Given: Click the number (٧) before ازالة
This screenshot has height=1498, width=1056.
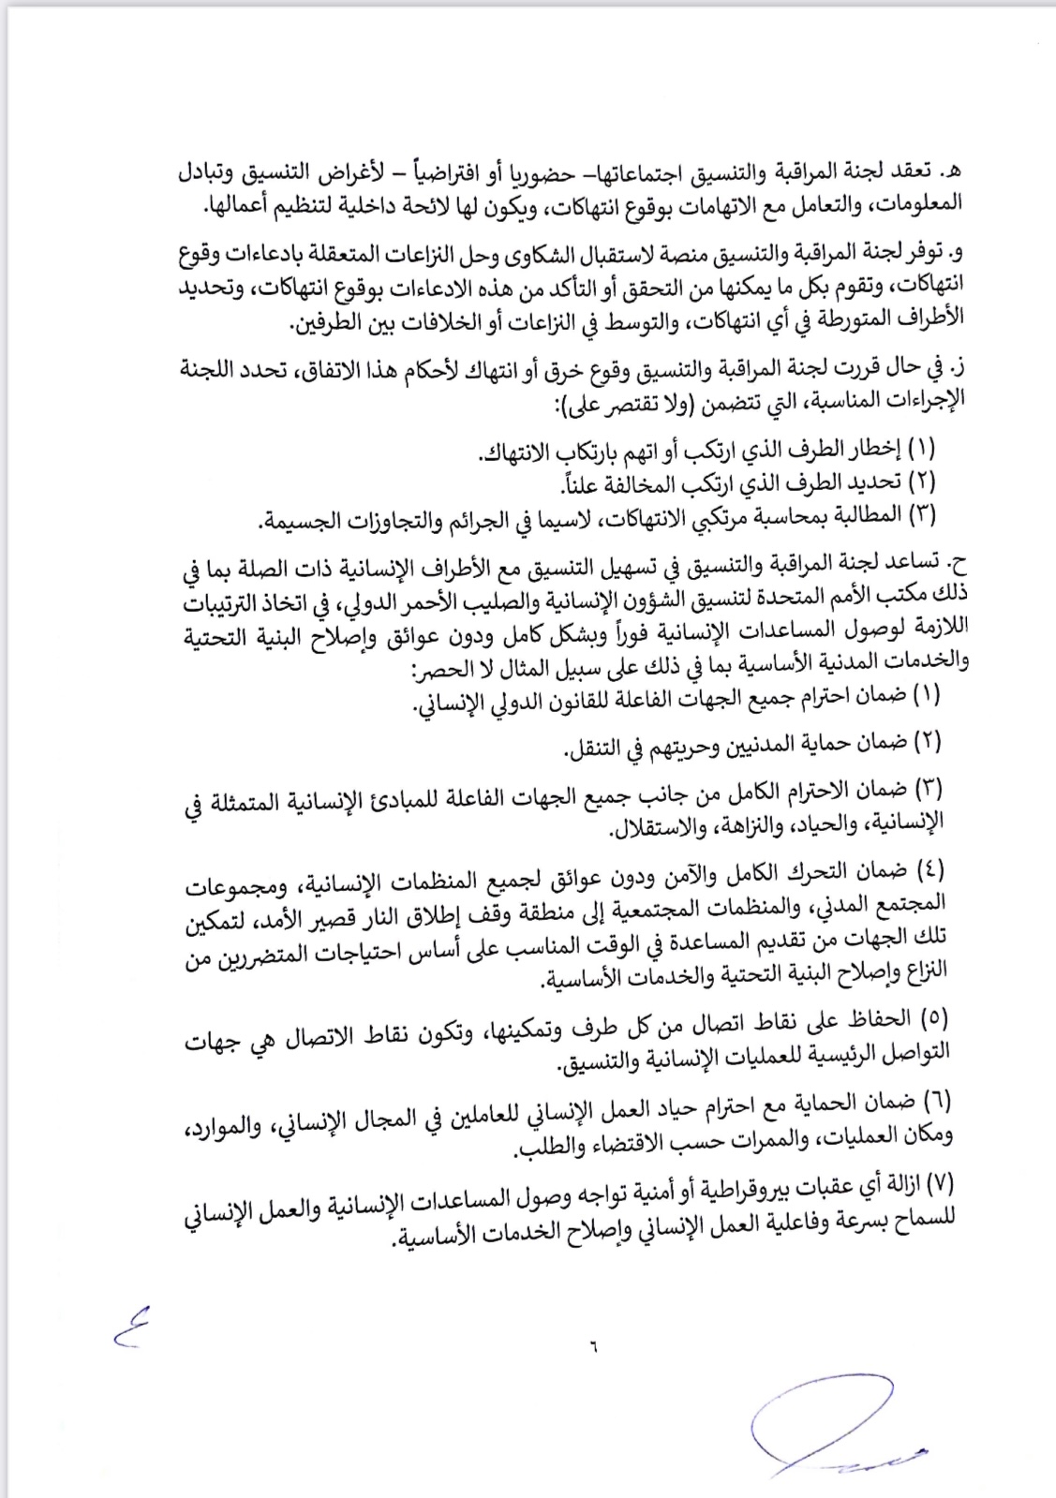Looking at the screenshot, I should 937,1184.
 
